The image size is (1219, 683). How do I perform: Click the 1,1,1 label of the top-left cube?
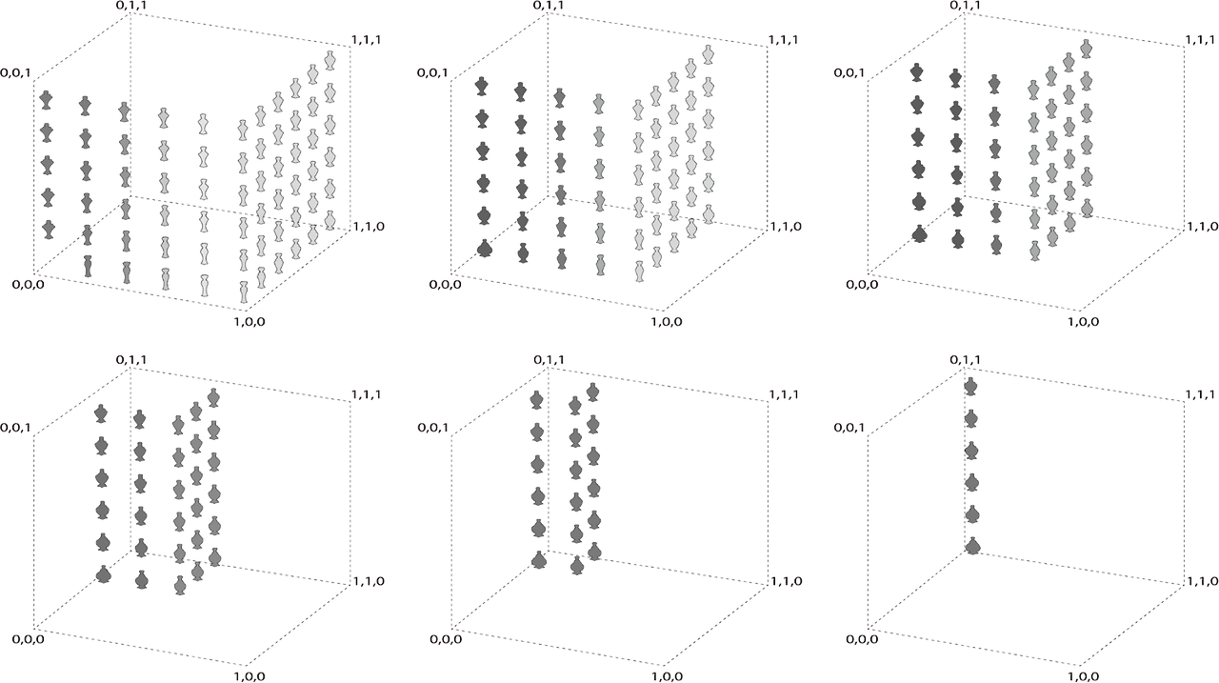(x=367, y=40)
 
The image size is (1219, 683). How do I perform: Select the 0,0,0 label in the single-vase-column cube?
(x=862, y=639)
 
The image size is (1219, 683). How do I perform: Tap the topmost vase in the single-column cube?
(x=970, y=387)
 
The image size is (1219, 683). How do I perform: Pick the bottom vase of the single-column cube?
(x=972, y=546)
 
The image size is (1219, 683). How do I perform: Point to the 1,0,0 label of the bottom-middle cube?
(x=667, y=676)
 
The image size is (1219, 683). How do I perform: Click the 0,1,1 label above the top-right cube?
(x=966, y=6)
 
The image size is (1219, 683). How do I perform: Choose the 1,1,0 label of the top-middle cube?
(x=786, y=227)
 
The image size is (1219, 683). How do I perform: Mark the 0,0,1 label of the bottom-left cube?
(x=15, y=427)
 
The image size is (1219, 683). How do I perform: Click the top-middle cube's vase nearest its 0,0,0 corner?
(x=485, y=249)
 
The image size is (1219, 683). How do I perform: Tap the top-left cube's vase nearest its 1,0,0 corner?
(x=245, y=292)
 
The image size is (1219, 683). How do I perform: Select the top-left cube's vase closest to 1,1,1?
(x=330, y=60)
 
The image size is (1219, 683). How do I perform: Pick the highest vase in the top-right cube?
(x=1087, y=49)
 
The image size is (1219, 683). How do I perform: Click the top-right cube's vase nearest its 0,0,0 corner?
(x=920, y=234)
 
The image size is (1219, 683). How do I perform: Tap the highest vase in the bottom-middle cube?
(x=592, y=392)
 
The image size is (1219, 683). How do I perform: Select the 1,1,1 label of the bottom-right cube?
(x=1202, y=394)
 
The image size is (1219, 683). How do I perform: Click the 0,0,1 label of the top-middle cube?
(x=433, y=72)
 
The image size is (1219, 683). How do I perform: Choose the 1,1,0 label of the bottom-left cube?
(x=369, y=581)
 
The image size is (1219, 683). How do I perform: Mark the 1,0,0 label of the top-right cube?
(x=1084, y=322)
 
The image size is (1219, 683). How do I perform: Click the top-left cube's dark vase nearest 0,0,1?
(x=47, y=101)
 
